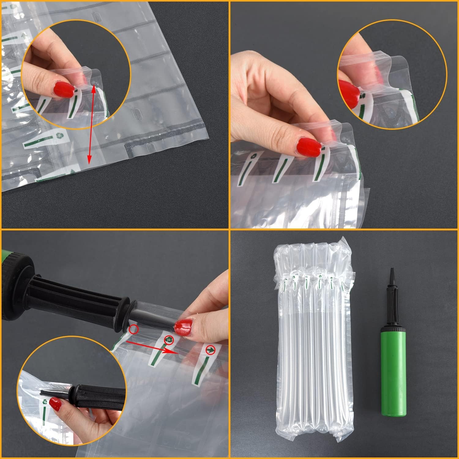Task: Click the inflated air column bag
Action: coord(314,346)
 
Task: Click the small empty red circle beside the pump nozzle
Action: coord(134,330)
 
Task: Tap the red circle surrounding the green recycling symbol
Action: coord(169,339)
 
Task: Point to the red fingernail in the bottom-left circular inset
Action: coord(55,404)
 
